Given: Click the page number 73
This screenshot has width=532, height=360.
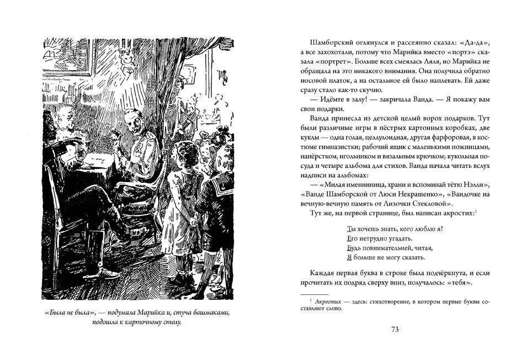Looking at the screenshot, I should point(395,330).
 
